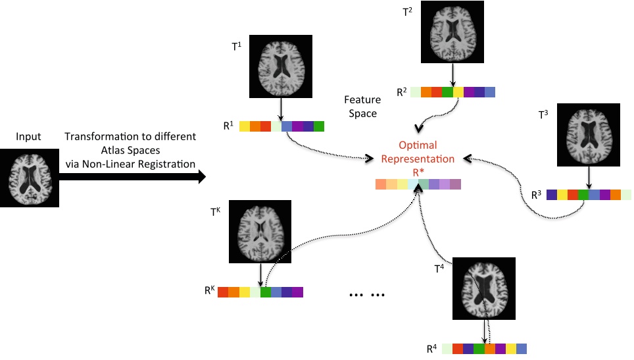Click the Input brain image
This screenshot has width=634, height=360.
coord(30,178)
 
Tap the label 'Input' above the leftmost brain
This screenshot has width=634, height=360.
coord(29,137)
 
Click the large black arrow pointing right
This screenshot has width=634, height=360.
coord(132,177)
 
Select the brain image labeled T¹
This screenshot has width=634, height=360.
coord(280,66)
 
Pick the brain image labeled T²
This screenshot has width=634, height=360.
coord(452,32)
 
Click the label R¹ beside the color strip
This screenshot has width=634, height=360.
coord(228,125)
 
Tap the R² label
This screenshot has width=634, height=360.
coord(401,93)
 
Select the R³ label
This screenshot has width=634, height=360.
coord(536,195)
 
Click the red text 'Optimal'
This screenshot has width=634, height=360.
coord(418,145)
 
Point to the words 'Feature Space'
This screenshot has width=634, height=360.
coord(362,107)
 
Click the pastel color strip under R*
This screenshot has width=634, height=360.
coord(418,184)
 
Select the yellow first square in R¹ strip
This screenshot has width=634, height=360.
coord(245,125)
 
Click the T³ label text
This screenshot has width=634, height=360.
coord(543,115)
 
